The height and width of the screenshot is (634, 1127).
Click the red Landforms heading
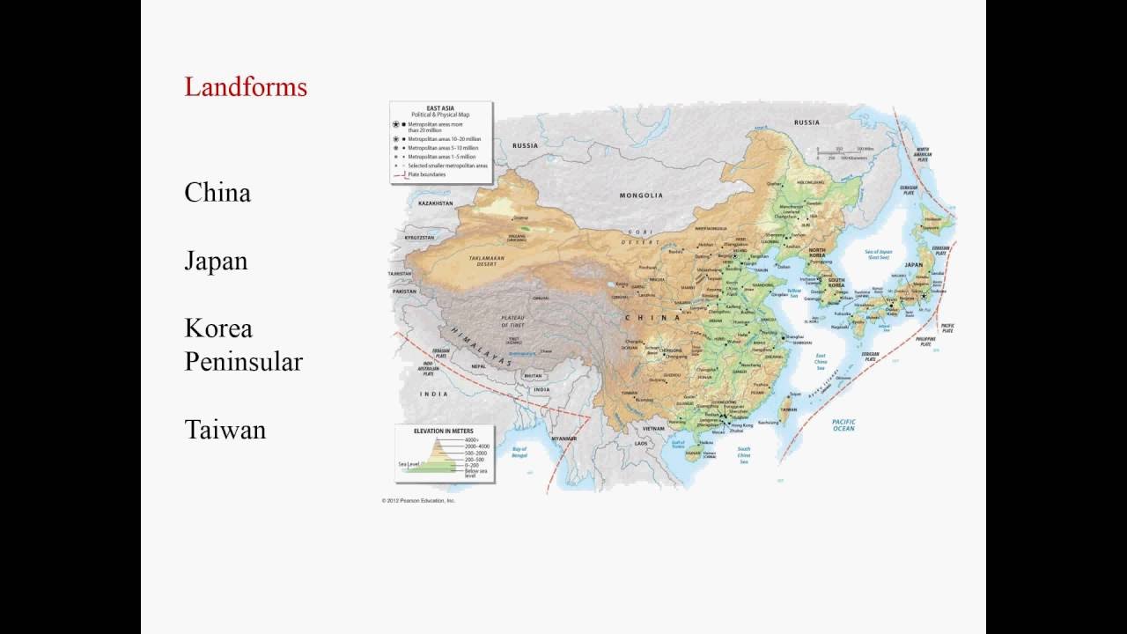(246, 87)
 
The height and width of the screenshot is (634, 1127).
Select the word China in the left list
(217, 193)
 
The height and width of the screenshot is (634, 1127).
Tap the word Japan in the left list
(216, 262)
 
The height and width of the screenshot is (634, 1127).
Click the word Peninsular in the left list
(243, 362)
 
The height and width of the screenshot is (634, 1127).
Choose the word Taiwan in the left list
(225, 430)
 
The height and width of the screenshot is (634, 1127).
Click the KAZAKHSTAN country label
(435, 203)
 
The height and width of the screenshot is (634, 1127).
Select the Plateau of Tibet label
(512, 321)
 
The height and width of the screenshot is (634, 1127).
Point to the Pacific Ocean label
(843, 424)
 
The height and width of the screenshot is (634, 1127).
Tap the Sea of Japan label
(879, 254)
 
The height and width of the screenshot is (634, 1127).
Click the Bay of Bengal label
(519, 453)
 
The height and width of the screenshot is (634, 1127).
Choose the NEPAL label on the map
(478, 366)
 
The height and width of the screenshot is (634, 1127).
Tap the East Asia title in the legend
(440, 107)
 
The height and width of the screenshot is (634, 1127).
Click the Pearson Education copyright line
(419, 500)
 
